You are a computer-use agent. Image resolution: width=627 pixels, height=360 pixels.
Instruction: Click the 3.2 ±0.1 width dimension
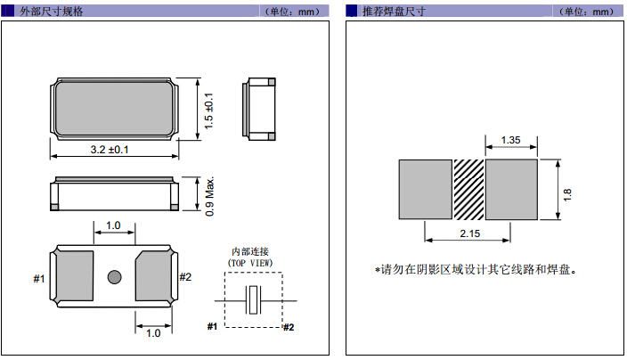click(110, 150)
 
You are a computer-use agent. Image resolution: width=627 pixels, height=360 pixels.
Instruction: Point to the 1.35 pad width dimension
click(511, 140)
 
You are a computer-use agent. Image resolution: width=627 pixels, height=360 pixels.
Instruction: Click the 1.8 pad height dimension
click(567, 190)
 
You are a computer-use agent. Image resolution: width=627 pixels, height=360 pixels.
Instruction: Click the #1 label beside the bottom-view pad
click(39, 279)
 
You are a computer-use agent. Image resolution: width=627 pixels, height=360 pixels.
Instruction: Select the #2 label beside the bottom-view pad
click(185, 277)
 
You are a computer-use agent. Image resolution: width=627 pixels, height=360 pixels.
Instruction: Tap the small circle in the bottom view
click(114, 277)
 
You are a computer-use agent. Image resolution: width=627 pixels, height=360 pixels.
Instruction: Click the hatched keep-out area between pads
click(468, 189)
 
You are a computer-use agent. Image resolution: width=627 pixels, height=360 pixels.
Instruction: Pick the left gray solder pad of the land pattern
click(426, 189)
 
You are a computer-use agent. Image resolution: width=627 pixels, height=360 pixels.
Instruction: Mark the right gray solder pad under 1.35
click(511, 189)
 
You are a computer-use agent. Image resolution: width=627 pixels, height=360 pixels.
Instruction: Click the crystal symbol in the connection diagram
click(255, 300)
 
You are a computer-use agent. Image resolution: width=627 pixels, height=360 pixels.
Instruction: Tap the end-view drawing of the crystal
click(259, 109)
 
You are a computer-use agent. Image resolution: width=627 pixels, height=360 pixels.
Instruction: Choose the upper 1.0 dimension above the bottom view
click(114, 225)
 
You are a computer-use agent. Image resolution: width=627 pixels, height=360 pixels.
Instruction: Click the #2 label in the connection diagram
click(288, 327)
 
